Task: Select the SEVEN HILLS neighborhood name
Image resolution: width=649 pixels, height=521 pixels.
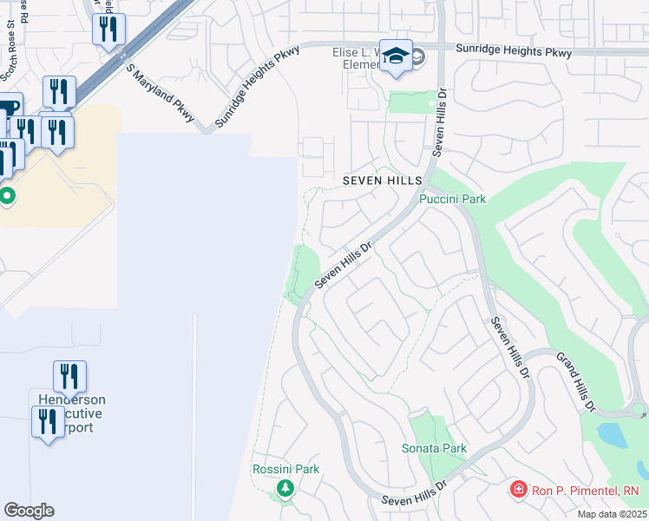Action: click(381, 180)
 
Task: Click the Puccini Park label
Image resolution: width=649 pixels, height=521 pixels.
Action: click(452, 199)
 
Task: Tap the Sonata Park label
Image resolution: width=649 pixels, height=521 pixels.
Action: click(434, 448)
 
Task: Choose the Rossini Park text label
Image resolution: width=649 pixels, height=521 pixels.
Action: click(285, 469)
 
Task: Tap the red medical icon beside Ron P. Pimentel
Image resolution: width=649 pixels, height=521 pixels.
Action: click(518, 491)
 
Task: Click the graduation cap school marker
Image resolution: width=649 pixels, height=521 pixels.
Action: click(396, 56)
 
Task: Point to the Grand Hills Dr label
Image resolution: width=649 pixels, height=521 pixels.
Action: click(575, 381)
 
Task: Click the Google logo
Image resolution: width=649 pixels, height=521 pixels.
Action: click(29, 511)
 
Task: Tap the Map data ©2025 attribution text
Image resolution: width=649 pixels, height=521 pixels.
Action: click(611, 514)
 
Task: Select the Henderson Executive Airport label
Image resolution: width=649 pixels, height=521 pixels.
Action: click(71, 414)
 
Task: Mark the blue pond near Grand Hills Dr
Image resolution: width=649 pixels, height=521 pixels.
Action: click(613, 435)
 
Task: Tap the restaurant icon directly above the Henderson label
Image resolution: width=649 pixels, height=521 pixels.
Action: click(69, 377)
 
